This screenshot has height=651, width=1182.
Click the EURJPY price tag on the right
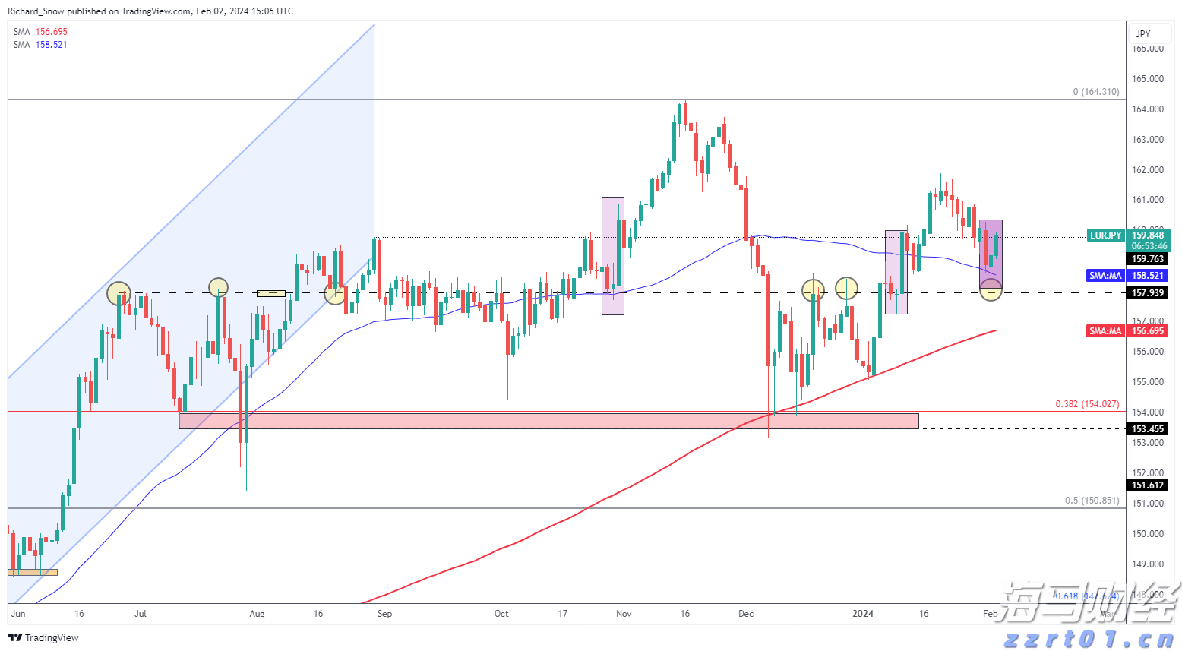tap(1105, 235)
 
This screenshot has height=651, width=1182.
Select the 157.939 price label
tap(1148, 293)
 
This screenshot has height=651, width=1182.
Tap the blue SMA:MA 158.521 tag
tap(1105, 276)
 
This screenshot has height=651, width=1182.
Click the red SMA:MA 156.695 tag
tap(1105, 331)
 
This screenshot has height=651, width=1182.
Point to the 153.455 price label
tap(1148, 429)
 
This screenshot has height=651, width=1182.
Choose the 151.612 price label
tap(1148, 485)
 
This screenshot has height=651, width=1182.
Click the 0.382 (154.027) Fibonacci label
tap(1087, 404)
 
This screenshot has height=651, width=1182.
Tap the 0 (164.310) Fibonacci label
tap(1095, 92)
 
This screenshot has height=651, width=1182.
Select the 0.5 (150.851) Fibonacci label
tap(1092, 501)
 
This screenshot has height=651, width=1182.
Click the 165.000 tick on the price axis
tap(1148, 79)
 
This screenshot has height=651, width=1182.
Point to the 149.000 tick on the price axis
tap(1148, 564)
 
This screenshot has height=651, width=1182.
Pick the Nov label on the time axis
tap(624, 614)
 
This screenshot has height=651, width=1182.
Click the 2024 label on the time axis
tap(863, 614)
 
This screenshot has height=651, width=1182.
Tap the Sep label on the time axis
tap(385, 614)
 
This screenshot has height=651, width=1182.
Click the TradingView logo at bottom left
tap(43, 638)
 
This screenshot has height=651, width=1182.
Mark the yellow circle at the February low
tap(991, 289)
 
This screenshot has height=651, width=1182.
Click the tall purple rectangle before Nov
tap(613, 255)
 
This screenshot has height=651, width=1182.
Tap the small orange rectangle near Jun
tap(33, 572)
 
